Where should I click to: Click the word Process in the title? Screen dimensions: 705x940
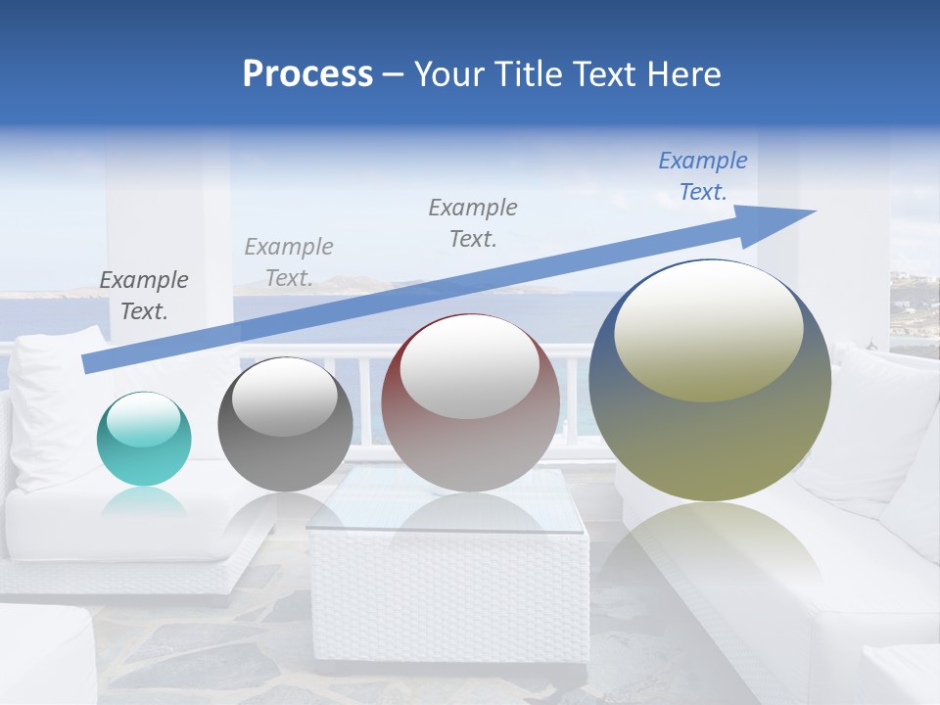click(307, 74)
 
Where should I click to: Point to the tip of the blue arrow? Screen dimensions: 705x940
click(813, 211)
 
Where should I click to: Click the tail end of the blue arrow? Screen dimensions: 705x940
click(86, 364)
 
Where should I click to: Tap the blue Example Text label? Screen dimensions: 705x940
click(702, 176)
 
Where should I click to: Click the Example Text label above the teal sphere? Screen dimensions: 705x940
click(144, 296)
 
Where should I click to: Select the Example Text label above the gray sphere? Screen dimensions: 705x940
click(289, 262)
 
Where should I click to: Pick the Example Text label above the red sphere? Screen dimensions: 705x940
click(473, 222)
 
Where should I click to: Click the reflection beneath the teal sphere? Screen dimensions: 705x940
click(144, 502)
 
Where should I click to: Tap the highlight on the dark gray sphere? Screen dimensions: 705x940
click(284, 398)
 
